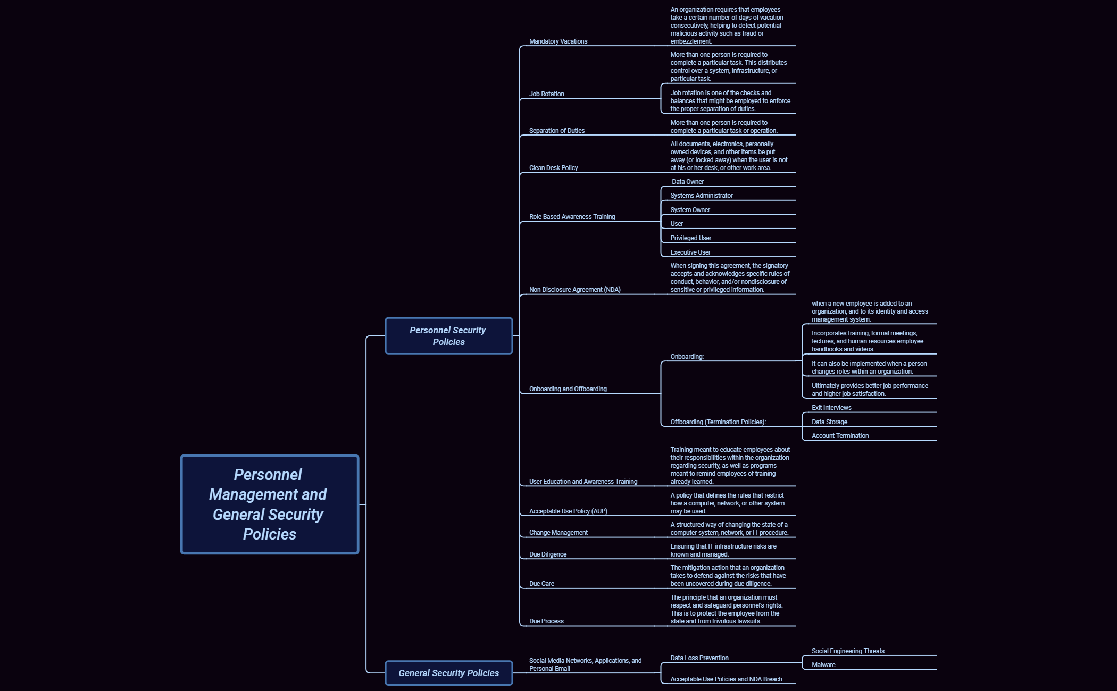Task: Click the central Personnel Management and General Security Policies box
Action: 270,504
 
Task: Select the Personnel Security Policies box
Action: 448,336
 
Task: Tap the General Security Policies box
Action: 448,673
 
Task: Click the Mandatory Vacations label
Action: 558,41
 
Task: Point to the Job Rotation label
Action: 546,94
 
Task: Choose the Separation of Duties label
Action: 556,131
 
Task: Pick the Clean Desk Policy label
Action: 553,168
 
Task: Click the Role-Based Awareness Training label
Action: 572,217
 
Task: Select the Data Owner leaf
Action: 687,182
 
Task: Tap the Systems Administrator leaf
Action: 701,196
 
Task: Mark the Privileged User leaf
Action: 690,238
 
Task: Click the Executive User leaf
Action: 690,252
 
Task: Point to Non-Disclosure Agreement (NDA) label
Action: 574,290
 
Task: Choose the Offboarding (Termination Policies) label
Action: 718,422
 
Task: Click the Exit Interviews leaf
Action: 831,408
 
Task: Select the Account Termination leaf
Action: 840,436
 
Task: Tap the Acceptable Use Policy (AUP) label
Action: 568,511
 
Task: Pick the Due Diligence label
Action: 547,554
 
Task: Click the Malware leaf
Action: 823,665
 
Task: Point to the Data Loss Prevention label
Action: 699,658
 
